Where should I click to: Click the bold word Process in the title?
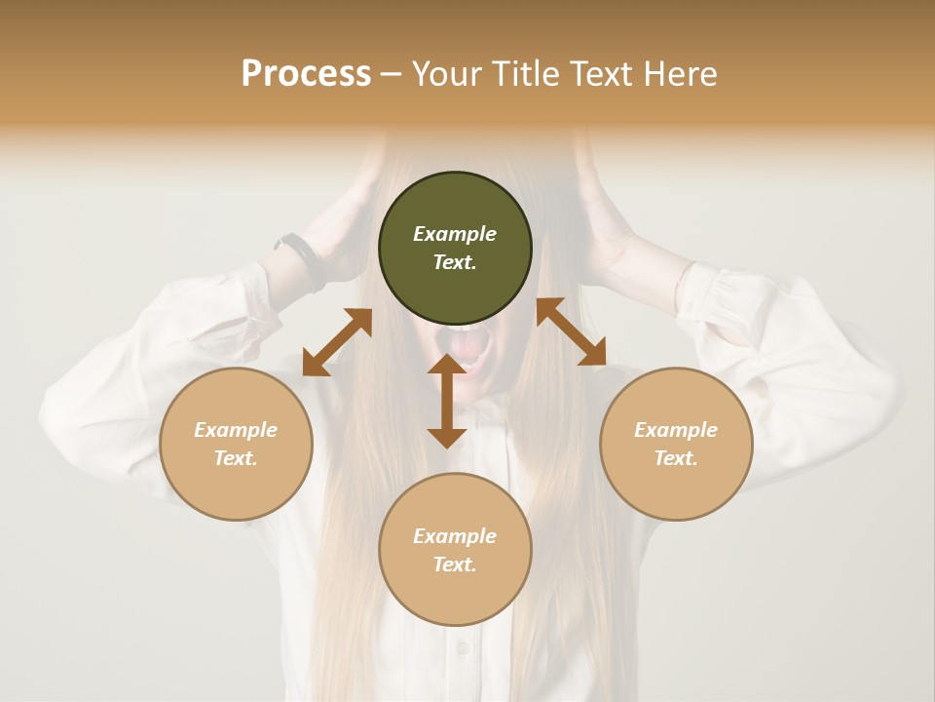pyautogui.click(x=306, y=74)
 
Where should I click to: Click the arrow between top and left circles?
pyautogui.click(x=337, y=343)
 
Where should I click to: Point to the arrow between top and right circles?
pyautogui.click(x=572, y=331)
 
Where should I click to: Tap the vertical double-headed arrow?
pyautogui.click(x=447, y=401)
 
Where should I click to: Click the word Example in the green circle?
pyautogui.click(x=455, y=234)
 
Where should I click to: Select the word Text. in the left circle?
pyautogui.click(x=236, y=458)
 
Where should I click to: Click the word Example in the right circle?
pyautogui.click(x=676, y=430)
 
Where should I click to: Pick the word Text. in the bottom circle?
pyautogui.click(x=455, y=565)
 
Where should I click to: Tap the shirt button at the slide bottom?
pyautogui.click(x=463, y=648)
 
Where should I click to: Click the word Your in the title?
pyautogui.click(x=444, y=74)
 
